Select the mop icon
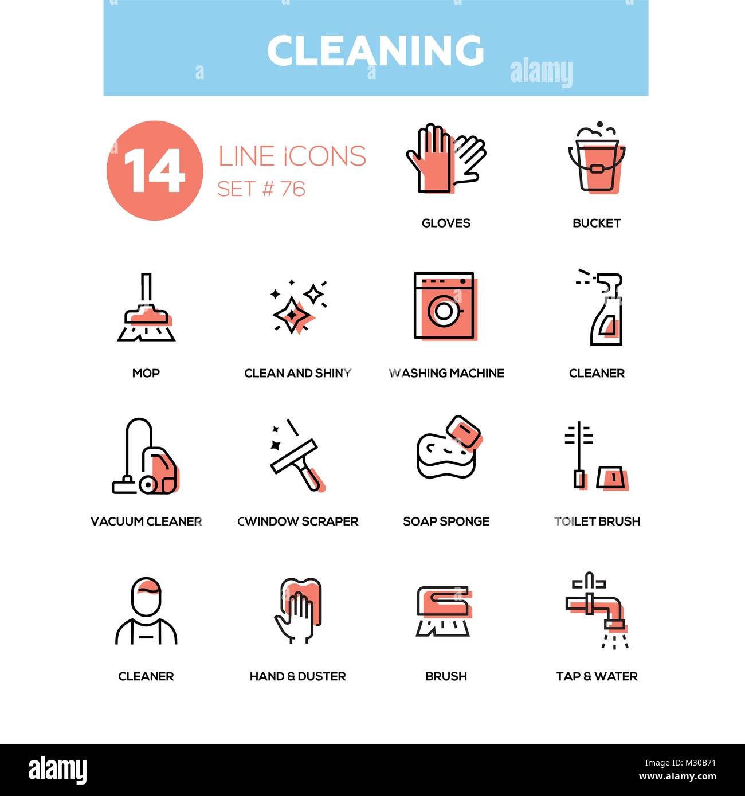coord(146,309)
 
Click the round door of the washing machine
coord(443,311)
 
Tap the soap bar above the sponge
coord(465,432)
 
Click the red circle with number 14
coord(155,171)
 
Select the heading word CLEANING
coord(375,50)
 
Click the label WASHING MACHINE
coord(446,373)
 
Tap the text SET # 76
coord(261,189)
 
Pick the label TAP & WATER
coord(597,676)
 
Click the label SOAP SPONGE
coord(446,521)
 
